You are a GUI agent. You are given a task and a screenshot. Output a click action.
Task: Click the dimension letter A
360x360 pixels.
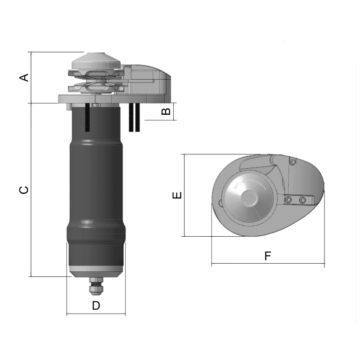tap(24, 77)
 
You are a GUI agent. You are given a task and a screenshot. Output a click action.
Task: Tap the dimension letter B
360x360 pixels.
tap(166, 111)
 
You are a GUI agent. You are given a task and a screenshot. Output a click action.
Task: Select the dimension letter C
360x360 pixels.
tap(24, 190)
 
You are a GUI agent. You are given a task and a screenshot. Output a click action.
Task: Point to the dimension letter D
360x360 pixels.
tap(96, 306)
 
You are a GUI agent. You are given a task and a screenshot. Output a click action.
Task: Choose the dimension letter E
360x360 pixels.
tap(177, 195)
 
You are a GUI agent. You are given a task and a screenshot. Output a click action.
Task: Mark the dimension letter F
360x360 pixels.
tap(268, 256)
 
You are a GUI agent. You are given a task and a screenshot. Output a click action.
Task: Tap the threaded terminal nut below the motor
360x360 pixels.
tap(96, 287)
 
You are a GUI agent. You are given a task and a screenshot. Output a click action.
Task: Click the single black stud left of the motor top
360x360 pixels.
tap(87, 117)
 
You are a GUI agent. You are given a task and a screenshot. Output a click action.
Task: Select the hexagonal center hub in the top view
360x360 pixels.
tap(250, 197)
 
